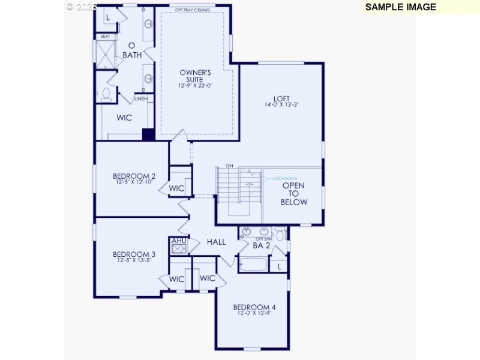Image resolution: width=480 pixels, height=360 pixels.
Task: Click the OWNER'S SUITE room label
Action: click(196, 76)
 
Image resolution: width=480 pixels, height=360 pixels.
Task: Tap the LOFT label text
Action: click(281, 99)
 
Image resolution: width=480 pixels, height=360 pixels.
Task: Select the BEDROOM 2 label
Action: click(134, 176)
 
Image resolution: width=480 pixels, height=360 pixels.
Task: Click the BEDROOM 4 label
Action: click(254, 308)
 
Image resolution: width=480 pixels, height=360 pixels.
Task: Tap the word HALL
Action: click(216, 242)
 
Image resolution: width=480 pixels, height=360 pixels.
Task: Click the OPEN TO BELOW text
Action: click(293, 194)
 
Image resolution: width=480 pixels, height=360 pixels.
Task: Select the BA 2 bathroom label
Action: click(261, 245)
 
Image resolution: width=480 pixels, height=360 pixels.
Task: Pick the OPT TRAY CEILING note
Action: click(192, 10)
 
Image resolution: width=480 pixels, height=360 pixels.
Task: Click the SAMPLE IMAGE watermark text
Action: click(400, 7)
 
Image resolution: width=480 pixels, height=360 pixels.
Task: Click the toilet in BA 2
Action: click(281, 233)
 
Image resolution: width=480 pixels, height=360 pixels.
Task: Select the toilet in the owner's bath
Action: click(106, 94)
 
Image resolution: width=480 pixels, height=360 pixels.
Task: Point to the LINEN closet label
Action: click(141, 98)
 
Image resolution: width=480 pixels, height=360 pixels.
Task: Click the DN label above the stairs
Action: click(229, 166)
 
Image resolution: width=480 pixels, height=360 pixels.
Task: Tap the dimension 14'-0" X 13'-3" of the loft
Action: click(281, 105)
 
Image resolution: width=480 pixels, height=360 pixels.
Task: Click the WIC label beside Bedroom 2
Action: click(176, 188)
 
